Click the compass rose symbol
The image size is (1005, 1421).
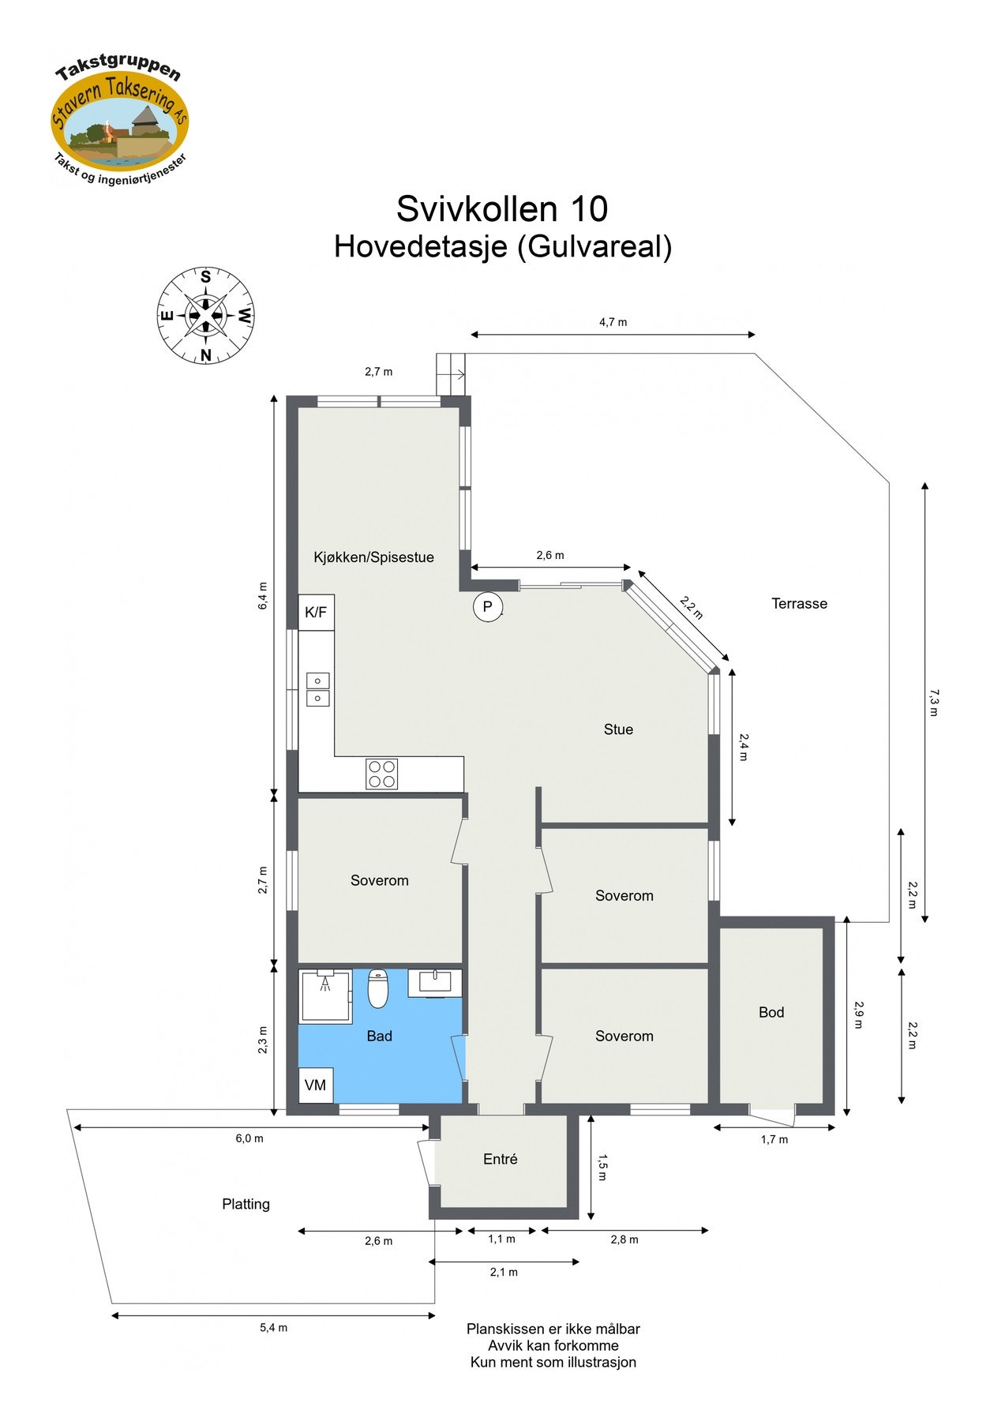point(205,316)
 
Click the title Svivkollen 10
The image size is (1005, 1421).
point(502,209)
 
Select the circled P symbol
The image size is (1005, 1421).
point(487,606)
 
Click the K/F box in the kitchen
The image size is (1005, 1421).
point(316,612)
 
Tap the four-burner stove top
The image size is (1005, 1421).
point(381,774)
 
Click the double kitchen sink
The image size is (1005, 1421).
point(317,689)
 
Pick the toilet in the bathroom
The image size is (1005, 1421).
point(379,988)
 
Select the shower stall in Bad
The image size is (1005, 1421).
point(324,996)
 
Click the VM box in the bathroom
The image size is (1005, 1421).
point(315,1085)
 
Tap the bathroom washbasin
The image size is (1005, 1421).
point(434,983)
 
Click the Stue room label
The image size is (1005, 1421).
point(618,729)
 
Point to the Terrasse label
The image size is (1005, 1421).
point(799,604)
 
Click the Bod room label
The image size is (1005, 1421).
point(771,1012)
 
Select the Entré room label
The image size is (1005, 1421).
point(501,1159)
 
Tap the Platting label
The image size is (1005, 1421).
point(246,1204)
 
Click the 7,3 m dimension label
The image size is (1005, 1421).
point(933,703)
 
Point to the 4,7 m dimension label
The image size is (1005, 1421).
point(613,322)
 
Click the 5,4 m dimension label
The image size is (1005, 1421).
point(273,1328)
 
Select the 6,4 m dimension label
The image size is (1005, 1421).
point(263,596)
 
